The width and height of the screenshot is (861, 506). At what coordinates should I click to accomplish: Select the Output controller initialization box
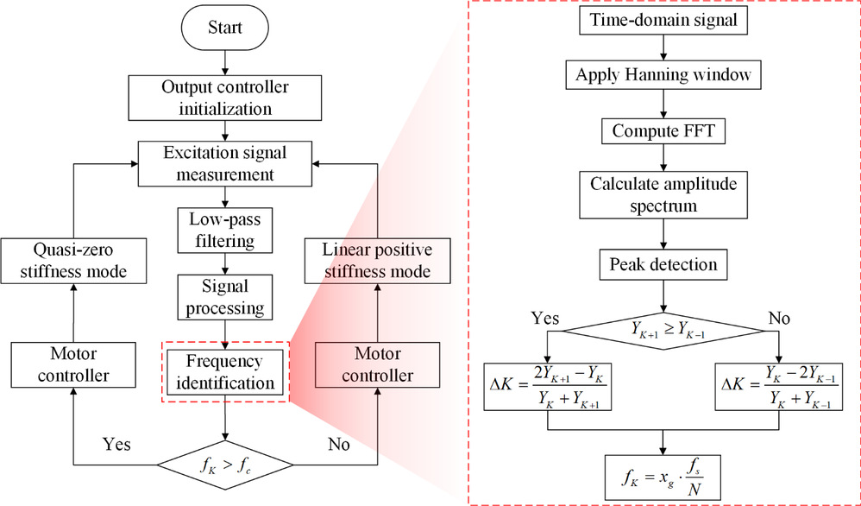point(225,98)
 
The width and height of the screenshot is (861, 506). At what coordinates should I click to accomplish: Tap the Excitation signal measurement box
point(225,163)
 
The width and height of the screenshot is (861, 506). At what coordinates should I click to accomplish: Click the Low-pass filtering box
point(225,229)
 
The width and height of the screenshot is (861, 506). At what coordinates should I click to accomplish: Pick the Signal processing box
point(225,296)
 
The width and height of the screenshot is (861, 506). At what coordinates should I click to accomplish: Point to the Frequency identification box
point(225,371)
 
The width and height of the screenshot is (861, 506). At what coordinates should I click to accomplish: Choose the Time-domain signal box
point(662,20)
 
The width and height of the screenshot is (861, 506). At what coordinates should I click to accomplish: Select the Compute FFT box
point(662,131)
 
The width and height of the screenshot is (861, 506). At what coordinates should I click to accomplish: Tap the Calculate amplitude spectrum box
point(662,196)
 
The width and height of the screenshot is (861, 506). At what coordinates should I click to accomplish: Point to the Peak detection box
point(662,262)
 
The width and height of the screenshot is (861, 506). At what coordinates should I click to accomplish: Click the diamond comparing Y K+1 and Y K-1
point(662,328)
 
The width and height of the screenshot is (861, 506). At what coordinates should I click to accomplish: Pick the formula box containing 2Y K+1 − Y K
point(545,384)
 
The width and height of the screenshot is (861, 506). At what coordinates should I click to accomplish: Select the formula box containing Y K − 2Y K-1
point(778,384)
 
